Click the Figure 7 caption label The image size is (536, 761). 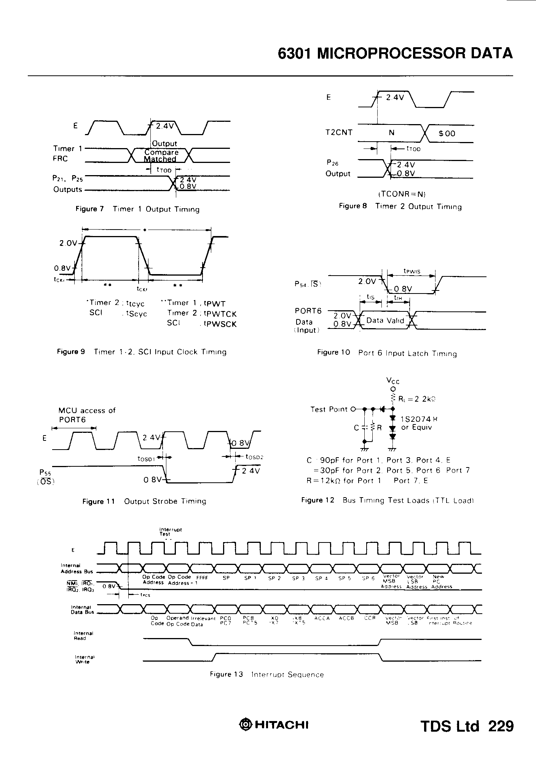pos(89,209)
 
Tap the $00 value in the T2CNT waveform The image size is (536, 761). pos(447,134)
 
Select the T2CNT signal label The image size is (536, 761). pos(339,132)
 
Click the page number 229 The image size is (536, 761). pos(501,726)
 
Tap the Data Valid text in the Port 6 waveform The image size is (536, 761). pos(385,321)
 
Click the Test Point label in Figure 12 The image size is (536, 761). pos(329,409)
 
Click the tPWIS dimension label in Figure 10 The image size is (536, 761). pos(412,271)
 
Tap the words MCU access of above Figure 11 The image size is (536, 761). pos(87,410)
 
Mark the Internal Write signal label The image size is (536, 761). pos(82,659)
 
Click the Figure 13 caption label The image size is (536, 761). pos(226,674)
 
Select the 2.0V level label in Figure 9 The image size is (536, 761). pos(68,243)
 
